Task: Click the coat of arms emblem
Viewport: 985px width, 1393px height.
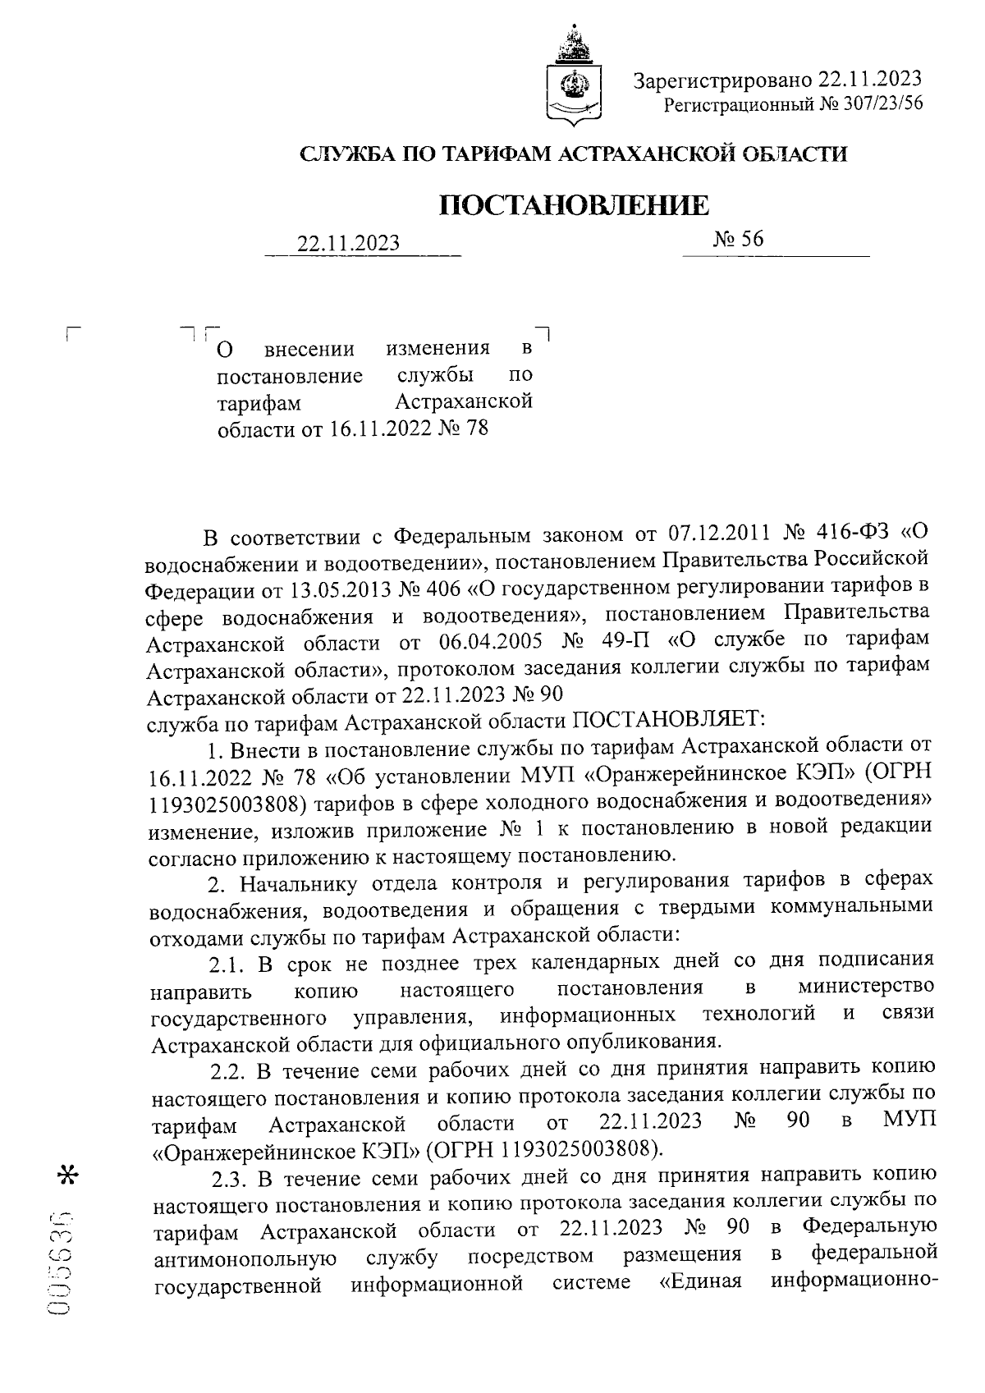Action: click(572, 78)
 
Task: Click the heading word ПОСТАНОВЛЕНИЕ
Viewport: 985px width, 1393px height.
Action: click(575, 204)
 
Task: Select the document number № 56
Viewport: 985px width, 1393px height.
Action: click(738, 239)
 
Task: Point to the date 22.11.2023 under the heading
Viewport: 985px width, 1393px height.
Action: click(349, 244)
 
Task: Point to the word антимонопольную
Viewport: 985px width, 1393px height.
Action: click(244, 1257)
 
